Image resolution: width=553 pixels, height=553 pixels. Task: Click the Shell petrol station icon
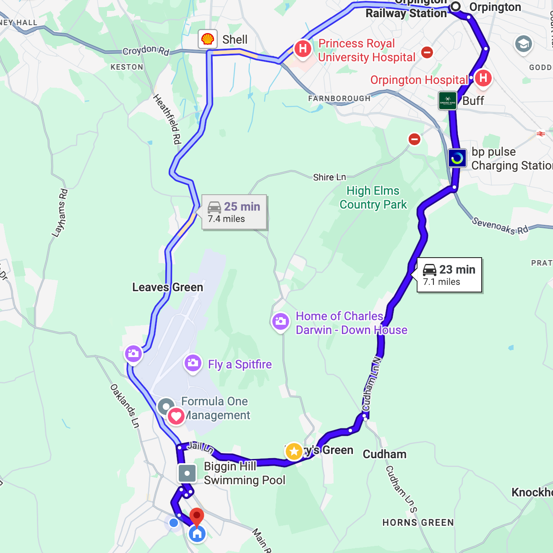[x=208, y=39]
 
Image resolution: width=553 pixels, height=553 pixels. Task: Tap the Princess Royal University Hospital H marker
[x=303, y=49]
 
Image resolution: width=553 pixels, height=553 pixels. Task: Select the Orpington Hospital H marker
[x=483, y=78]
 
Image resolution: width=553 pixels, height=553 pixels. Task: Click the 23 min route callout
[x=449, y=275]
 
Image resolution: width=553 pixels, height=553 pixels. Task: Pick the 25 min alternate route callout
[x=234, y=212]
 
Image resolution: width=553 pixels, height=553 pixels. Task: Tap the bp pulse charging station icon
[x=457, y=158]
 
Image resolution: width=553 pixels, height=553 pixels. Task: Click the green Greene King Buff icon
[x=447, y=101]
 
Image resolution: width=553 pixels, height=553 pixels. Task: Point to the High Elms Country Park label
[x=373, y=198]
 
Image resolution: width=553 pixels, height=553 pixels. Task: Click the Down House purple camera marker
[x=281, y=322]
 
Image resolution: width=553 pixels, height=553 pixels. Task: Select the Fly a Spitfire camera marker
[x=193, y=363]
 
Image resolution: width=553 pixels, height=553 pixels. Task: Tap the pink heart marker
[x=176, y=416]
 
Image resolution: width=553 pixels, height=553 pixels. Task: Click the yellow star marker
[x=294, y=451]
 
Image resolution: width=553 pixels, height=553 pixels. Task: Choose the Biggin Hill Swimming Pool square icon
[x=187, y=473]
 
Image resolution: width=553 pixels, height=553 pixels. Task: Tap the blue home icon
[x=197, y=534]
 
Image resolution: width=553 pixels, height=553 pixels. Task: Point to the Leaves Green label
[x=167, y=287]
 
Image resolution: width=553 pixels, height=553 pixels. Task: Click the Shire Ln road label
[x=329, y=177]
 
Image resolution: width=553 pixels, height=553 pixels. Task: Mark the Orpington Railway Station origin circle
[x=456, y=6]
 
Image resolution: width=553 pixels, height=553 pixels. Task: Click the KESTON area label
[x=127, y=67]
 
